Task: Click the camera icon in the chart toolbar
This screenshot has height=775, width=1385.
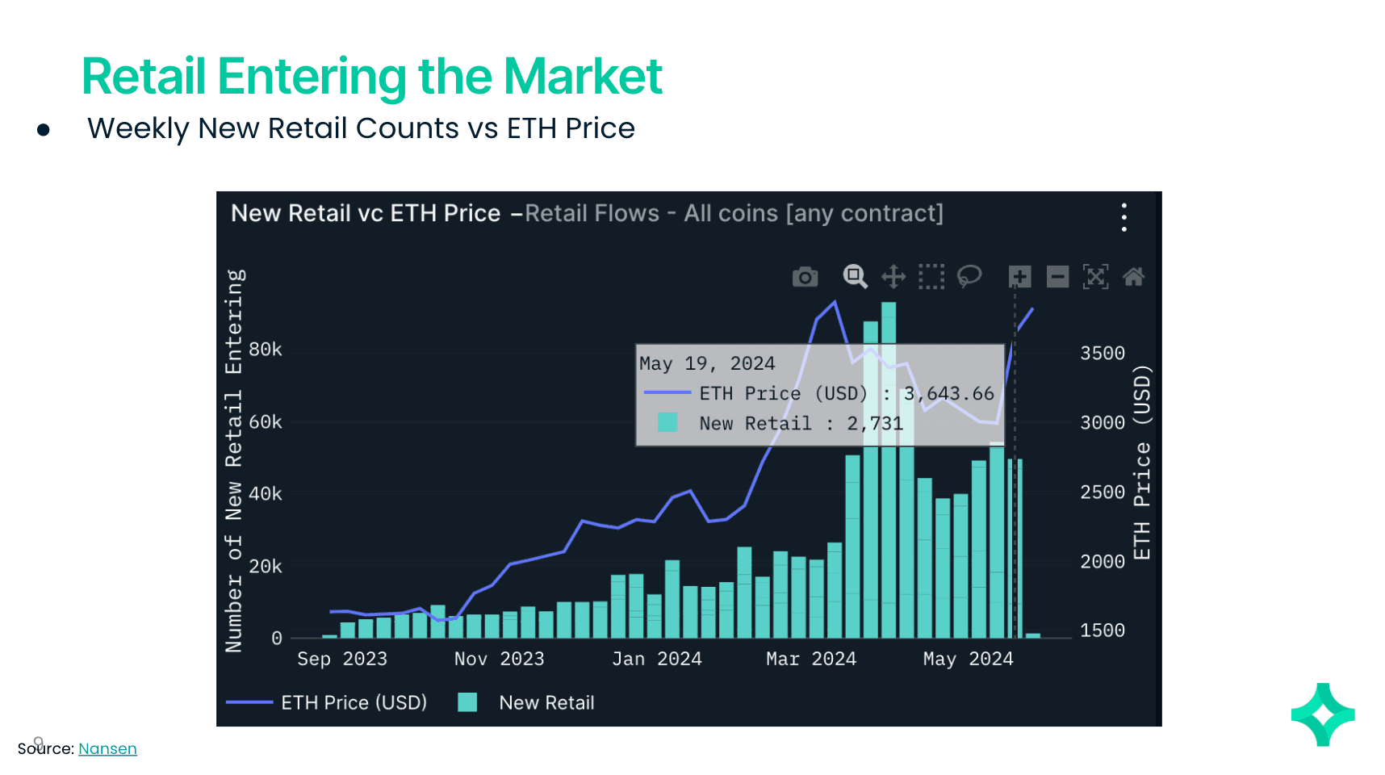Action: pyautogui.click(x=805, y=278)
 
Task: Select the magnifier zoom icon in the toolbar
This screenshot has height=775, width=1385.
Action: pyautogui.click(x=855, y=276)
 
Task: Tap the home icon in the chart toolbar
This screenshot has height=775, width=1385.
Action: pyautogui.click(x=1133, y=277)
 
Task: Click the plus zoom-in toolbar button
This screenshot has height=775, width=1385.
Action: pyautogui.click(x=1019, y=277)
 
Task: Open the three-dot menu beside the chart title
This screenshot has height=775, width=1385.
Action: pyautogui.click(x=1123, y=217)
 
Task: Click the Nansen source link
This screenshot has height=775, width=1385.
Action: pyautogui.click(x=107, y=748)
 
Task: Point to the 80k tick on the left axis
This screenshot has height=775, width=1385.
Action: pyautogui.click(x=265, y=350)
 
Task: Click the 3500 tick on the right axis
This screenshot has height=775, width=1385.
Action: pyautogui.click(x=1102, y=354)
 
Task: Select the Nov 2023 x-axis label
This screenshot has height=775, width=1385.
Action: pyautogui.click(x=499, y=659)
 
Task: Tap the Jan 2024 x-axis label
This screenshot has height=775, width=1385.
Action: pyautogui.click(x=656, y=659)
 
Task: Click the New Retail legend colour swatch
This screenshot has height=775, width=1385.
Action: pyautogui.click(x=467, y=702)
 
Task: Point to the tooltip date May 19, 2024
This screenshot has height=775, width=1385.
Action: pyautogui.click(x=707, y=364)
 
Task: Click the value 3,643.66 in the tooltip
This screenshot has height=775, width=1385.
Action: pyautogui.click(x=948, y=394)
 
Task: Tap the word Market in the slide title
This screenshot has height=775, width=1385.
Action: pyautogui.click(x=583, y=77)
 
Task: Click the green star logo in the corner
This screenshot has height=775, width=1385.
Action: pyautogui.click(x=1323, y=714)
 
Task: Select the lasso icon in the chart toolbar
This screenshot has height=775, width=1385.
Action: pyautogui.click(x=969, y=276)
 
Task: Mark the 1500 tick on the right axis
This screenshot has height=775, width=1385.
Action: pyautogui.click(x=1102, y=630)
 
